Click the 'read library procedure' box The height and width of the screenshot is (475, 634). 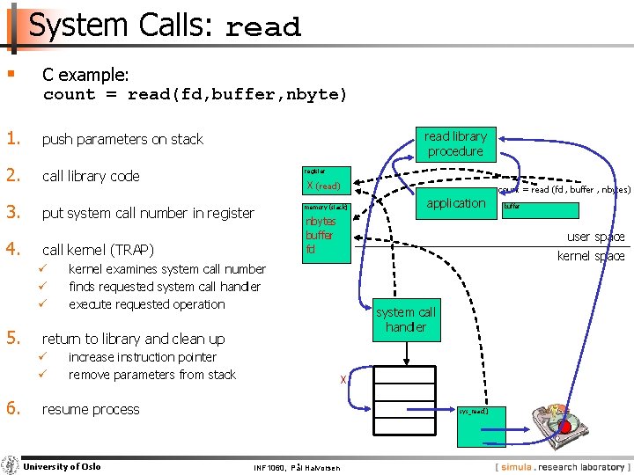455,144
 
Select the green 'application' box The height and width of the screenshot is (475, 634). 455,204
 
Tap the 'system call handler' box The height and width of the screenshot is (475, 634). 406,320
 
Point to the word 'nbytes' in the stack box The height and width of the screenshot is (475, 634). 321,223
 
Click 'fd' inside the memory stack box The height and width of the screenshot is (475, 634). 311,249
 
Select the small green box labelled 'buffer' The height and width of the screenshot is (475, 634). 540,210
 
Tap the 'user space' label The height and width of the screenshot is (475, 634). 595,237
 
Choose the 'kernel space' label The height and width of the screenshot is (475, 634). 591,256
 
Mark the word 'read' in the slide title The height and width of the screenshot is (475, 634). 263,28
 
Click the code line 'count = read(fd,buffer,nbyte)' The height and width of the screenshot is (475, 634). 195,94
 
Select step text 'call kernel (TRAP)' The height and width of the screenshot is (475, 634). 98,250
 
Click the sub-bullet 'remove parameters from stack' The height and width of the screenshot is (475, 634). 152,375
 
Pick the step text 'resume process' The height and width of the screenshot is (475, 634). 91,409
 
